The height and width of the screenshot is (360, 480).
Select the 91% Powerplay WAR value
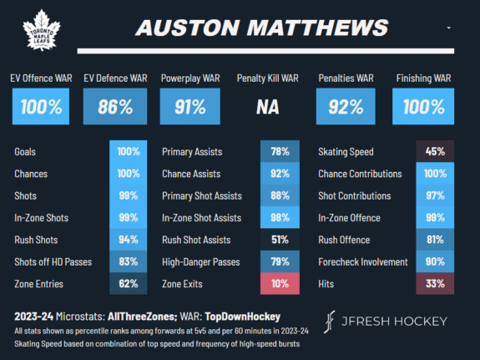pyautogui.click(x=194, y=107)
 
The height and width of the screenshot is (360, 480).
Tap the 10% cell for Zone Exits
pyautogui.click(x=280, y=283)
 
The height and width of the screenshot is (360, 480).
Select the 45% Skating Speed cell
pyautogui.click(x=435, y=153)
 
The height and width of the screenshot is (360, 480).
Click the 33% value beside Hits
pyautogui.click(x=435, y=283)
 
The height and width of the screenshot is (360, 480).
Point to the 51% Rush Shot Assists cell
pyautogui.click(x=280, y=240)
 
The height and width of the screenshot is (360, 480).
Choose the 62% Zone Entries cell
pyautogui.click(x=128, y=283)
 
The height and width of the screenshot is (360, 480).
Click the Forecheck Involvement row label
pyautogui.click(x=362, y=261)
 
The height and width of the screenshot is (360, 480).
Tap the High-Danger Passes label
pyautogui.click(x=200, y=261)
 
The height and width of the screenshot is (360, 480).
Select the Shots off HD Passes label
pyautogui.click(x=53, y=261)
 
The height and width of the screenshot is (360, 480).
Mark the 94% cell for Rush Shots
pyautogui.click(x=128, y=240)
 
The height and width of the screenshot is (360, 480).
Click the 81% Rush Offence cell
pyautogui.click(x=435, y=240)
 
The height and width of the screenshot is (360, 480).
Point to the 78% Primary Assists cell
pyautogui.click(x=280, y=153)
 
